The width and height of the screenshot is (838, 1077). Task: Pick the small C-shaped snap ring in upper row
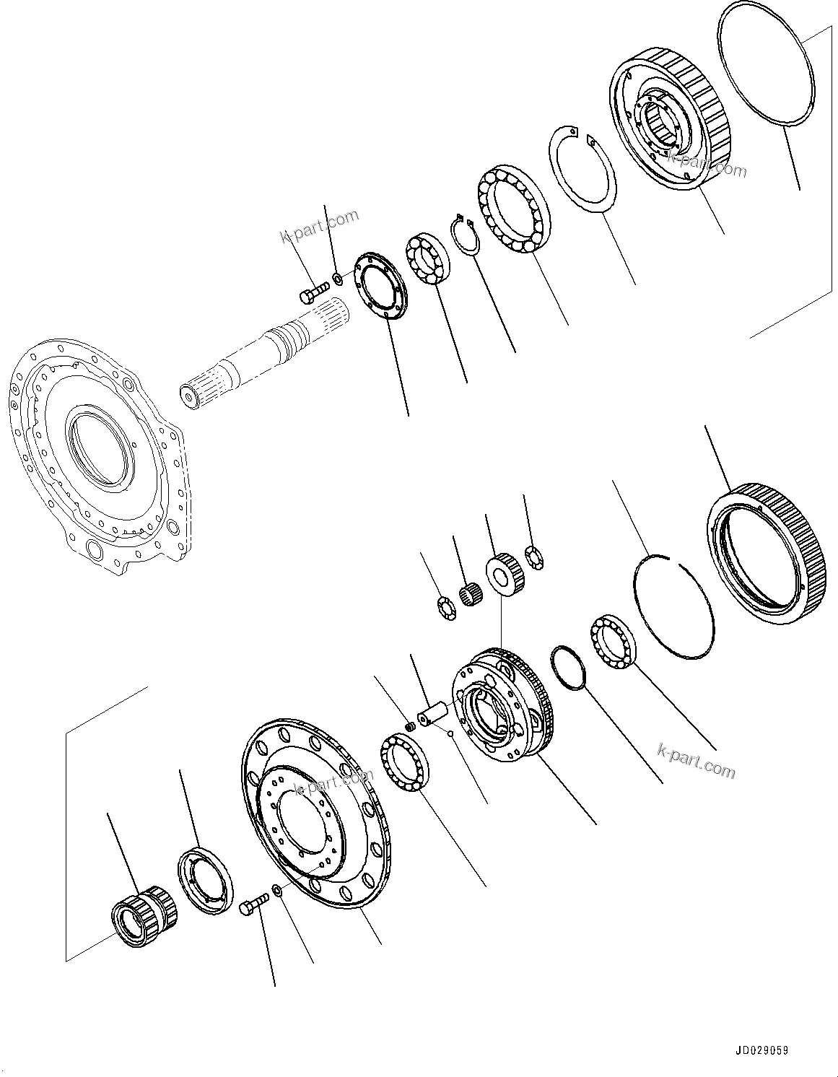click(x=463, y=235)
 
